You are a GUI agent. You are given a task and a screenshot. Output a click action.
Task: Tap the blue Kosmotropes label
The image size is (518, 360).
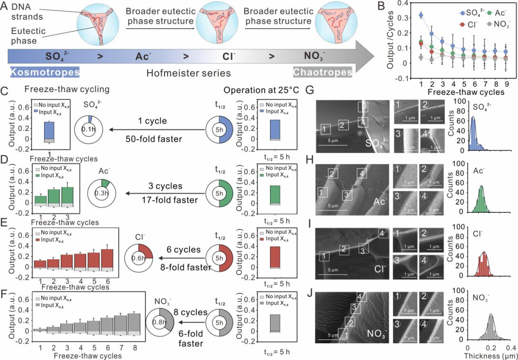pyautogui.click(x=44, y=72)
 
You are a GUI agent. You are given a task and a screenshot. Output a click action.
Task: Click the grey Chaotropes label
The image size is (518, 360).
pyautogui.click(x=322, y=72)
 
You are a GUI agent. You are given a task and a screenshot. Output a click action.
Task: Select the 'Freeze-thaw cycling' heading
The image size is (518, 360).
pyautogui.click(x=56, y=89)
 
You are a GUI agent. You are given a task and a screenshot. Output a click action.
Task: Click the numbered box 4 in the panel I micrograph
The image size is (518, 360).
pyautogui.click(x=382, y=234)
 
